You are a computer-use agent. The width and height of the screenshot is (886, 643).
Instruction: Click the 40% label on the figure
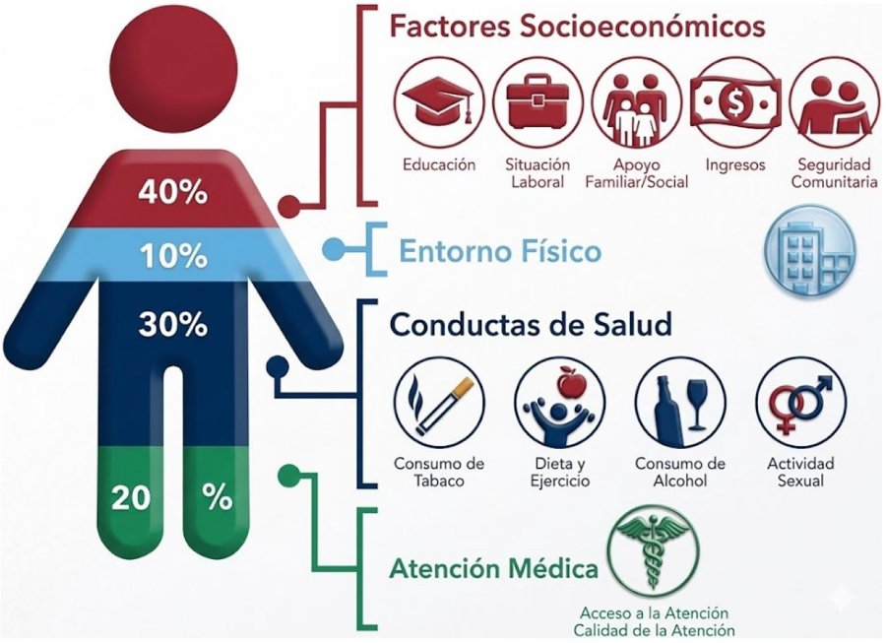pyautogui.click(x=173, y=193)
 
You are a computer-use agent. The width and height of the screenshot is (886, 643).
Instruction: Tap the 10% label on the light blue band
pyautogui.click(x=173, y=257)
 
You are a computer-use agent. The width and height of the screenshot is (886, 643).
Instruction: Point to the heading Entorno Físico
pyautogui.click(x=500, y=251)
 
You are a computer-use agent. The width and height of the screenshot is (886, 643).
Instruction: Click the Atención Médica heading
pyautogui.click(x=494, y=568)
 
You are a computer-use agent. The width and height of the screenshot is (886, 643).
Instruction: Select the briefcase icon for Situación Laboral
pyautogui.click(x=538, y=103)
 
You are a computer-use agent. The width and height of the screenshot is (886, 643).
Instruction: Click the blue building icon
pyautogui.click(x=810, y=252)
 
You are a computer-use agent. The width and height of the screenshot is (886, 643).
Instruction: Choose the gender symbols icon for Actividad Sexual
pyautogui.click(x=801, y=403)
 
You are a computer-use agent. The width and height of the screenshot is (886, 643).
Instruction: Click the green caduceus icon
pyautogui.click(x=654, y=550)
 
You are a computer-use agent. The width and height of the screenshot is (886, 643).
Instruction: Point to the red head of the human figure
pyautogui.click(x=173, y=71)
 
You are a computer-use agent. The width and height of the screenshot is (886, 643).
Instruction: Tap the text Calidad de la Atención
pyautogui.click(x=655, y=630)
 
